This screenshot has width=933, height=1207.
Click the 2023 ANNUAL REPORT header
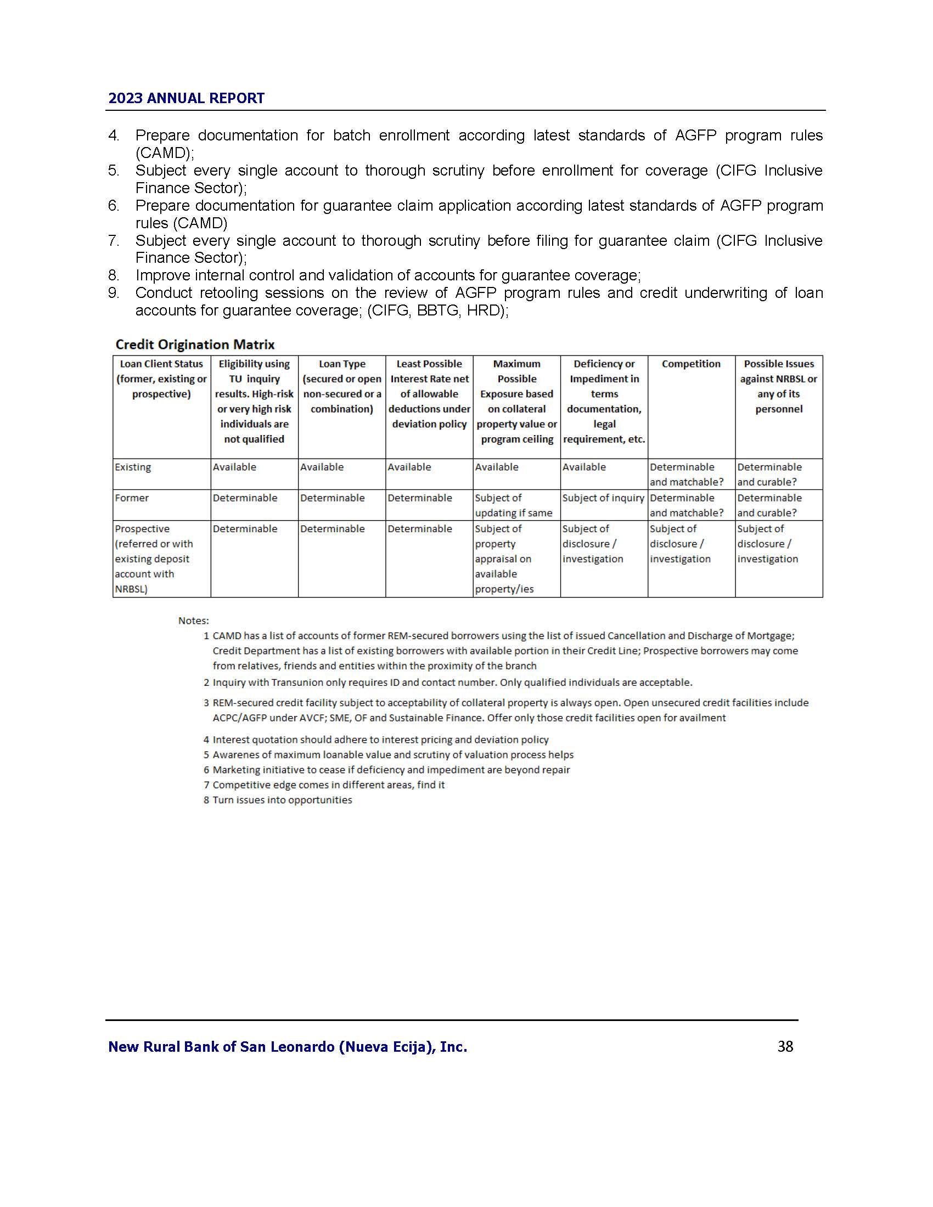(x=186, y=98)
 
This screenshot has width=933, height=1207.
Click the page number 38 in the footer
(x=785, y=1046)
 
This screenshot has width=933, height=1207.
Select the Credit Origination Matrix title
(x=195, y=345)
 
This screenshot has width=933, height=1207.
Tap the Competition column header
(x=691, y=364)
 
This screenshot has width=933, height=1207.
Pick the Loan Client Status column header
(x=161, y=379)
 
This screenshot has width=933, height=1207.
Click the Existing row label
(x=133, y=467)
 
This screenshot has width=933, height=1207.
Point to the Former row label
(x=132, y=498)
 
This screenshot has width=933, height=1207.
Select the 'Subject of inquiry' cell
(x=603, y=498)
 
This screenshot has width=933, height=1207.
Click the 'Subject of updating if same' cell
(x=514, y=505)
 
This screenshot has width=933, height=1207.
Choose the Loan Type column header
(x=341, y=386)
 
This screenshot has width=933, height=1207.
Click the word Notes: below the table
(x=193, y=621)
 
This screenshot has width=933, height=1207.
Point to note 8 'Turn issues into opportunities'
(x=282, y=800)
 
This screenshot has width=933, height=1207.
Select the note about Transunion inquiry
(x=452, y=683)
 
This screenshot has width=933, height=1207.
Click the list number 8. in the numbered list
(x=114, y=275)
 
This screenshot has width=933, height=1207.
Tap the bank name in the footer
(x=288, y=1047)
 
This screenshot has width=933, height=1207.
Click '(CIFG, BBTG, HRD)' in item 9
(x=437, y=311)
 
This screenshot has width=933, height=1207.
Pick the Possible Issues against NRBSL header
(x=778, y=386)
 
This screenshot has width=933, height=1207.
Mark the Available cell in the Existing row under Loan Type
(x=322, y=467)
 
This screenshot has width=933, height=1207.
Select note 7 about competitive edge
(x=328, y=785)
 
